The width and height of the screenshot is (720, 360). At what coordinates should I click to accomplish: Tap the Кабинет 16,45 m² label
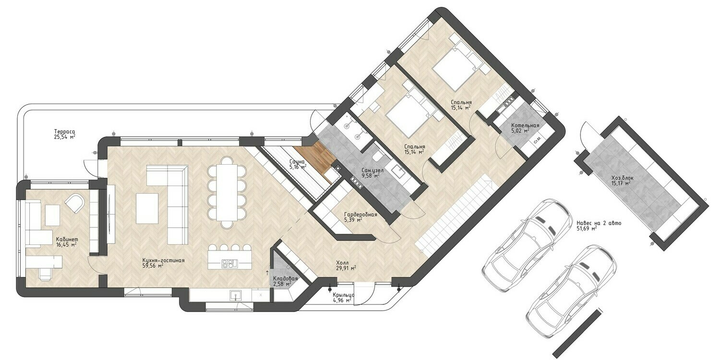click(x=67, y=242)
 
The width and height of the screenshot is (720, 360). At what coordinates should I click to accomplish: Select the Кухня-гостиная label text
click(x=163, y=260)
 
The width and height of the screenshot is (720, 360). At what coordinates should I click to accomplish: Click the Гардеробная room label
click(x=360, y=215)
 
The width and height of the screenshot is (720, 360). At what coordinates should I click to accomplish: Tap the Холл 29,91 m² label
click(x=346, y=265)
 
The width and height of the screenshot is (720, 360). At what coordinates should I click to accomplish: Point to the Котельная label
click(x=525, y=125)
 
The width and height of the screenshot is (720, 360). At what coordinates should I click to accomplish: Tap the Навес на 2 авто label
click(x=599, y=223)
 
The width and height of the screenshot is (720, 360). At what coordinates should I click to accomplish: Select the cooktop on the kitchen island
click(x=230, y=264)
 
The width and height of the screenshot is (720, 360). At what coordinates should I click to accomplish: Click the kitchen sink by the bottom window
click(x=236, y=295)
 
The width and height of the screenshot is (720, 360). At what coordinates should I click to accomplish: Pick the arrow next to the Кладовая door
click(x=267, y=273)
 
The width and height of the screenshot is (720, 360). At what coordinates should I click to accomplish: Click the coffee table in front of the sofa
click(x=147, y=208)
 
